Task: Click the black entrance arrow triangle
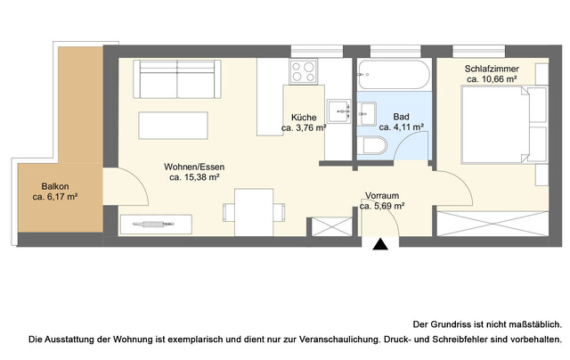pos(381,244)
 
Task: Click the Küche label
pos(305,117)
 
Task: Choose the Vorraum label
pos(382,196)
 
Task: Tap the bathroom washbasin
pos(366,113)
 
